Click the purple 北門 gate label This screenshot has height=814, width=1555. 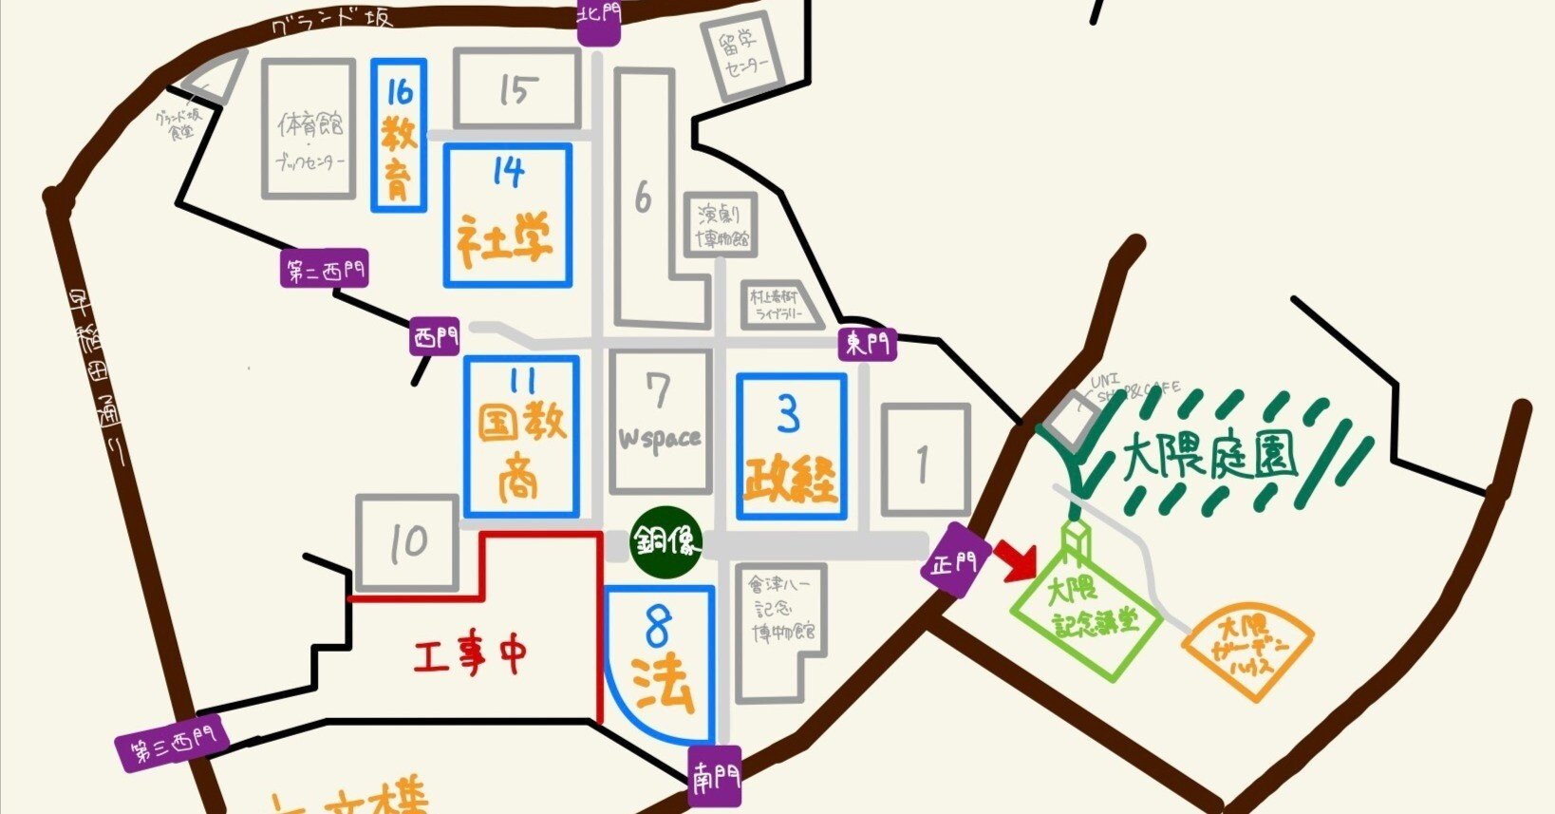point(599,21)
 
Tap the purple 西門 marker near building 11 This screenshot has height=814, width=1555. point(435,337)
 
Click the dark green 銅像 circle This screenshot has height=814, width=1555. point(666,544)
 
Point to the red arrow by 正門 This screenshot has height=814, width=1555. point(1017,559)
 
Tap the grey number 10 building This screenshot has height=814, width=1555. point(408,542)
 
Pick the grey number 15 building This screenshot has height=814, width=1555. point(516,89)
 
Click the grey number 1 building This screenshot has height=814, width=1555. point(925,462)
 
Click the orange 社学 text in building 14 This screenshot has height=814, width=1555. point(506,239)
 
